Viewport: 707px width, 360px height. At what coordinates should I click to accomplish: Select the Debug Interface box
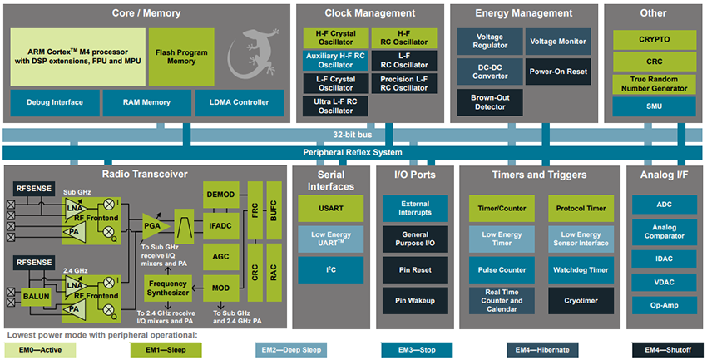point(54,102)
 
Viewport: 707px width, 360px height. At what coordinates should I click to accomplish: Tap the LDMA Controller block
point(239,102)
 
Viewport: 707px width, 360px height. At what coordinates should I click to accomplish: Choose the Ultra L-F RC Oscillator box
point(335,106)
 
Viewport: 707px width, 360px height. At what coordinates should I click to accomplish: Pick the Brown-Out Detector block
point(489,102)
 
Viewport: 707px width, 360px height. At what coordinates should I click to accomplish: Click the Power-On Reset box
point(558,72)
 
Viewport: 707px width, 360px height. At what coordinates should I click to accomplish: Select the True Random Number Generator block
point(654,83)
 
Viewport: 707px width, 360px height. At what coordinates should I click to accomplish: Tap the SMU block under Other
point(654,106)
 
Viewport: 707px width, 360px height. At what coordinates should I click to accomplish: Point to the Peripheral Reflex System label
point(353,152)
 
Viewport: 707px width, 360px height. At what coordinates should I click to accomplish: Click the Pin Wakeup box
point(415,299)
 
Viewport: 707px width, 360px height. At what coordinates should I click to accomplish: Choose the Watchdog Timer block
point(581,269)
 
